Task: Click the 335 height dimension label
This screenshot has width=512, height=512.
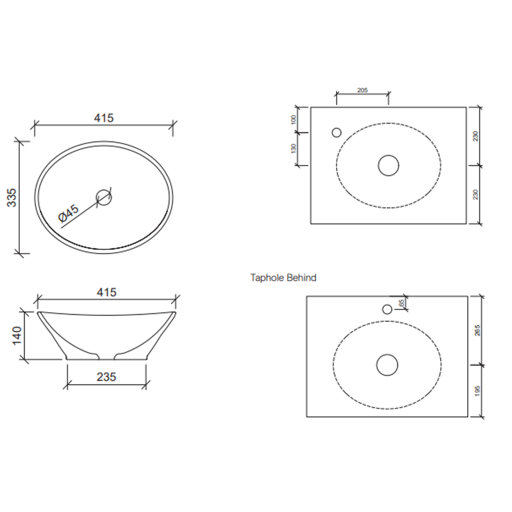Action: click(12, 197)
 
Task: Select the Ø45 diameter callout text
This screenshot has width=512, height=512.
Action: click(69, 213)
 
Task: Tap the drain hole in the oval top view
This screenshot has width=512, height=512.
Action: click(104, 197)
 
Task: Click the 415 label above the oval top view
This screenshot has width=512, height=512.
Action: click(104, 118)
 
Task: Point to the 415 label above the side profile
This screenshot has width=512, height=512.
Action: click(107, 293)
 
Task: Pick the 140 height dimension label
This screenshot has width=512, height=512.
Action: click(17, 336)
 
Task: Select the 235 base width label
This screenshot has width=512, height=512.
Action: click(107, 377)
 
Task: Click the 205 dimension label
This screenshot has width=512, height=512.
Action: click(362, 90)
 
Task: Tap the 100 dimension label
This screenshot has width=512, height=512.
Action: click(293, 119)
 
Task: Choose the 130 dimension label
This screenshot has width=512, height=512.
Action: click(293, 148)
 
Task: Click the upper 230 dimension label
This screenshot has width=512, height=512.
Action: click(476, 136)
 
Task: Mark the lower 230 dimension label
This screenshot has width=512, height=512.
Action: click(476, 194)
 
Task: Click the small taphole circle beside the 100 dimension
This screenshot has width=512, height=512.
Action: click(337, 133)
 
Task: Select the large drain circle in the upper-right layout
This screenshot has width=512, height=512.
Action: click(388, 165)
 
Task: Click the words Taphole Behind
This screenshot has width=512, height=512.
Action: click(283, 278)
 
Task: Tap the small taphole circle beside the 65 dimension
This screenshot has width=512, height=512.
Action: click(387, 310)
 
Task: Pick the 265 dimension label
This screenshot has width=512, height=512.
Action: click(477, 330)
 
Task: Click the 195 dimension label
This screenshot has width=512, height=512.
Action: click(477, 391)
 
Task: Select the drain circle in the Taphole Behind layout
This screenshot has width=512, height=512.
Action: click(387, 365)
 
